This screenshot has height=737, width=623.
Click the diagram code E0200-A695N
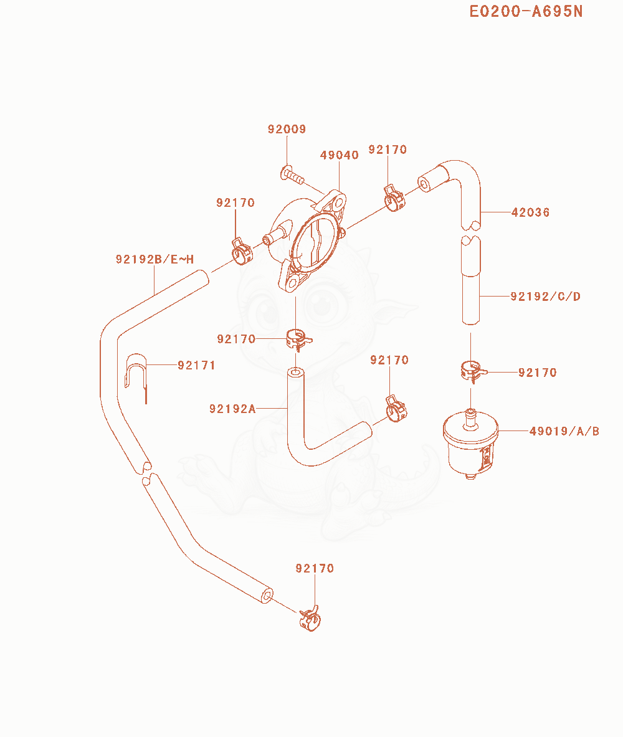[x=526, y=11]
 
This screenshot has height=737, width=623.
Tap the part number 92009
[x=287, y=129]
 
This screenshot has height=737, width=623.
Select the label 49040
[x=340, y=155]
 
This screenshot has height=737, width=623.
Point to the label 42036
[x=530, y=212]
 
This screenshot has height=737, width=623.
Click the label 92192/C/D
[x=545, y=297]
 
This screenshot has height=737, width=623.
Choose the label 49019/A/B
[x=564, y=431]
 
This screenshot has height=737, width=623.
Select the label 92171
[x=196, y=365]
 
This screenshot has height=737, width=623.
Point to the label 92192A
[x=233, y=409]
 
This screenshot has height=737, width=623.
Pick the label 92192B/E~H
[x=155, y=259]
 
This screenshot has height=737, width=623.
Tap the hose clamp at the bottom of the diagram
[x=310, y=619]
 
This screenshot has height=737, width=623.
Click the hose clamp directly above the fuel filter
[x=471, y=371]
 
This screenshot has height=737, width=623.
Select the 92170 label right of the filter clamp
[x=538, y=373]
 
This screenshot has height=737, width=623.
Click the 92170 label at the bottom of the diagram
[x=315, y=568]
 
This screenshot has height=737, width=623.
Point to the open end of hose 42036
[x=425, y=183]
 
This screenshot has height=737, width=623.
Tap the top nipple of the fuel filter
[x=470, y=418]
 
